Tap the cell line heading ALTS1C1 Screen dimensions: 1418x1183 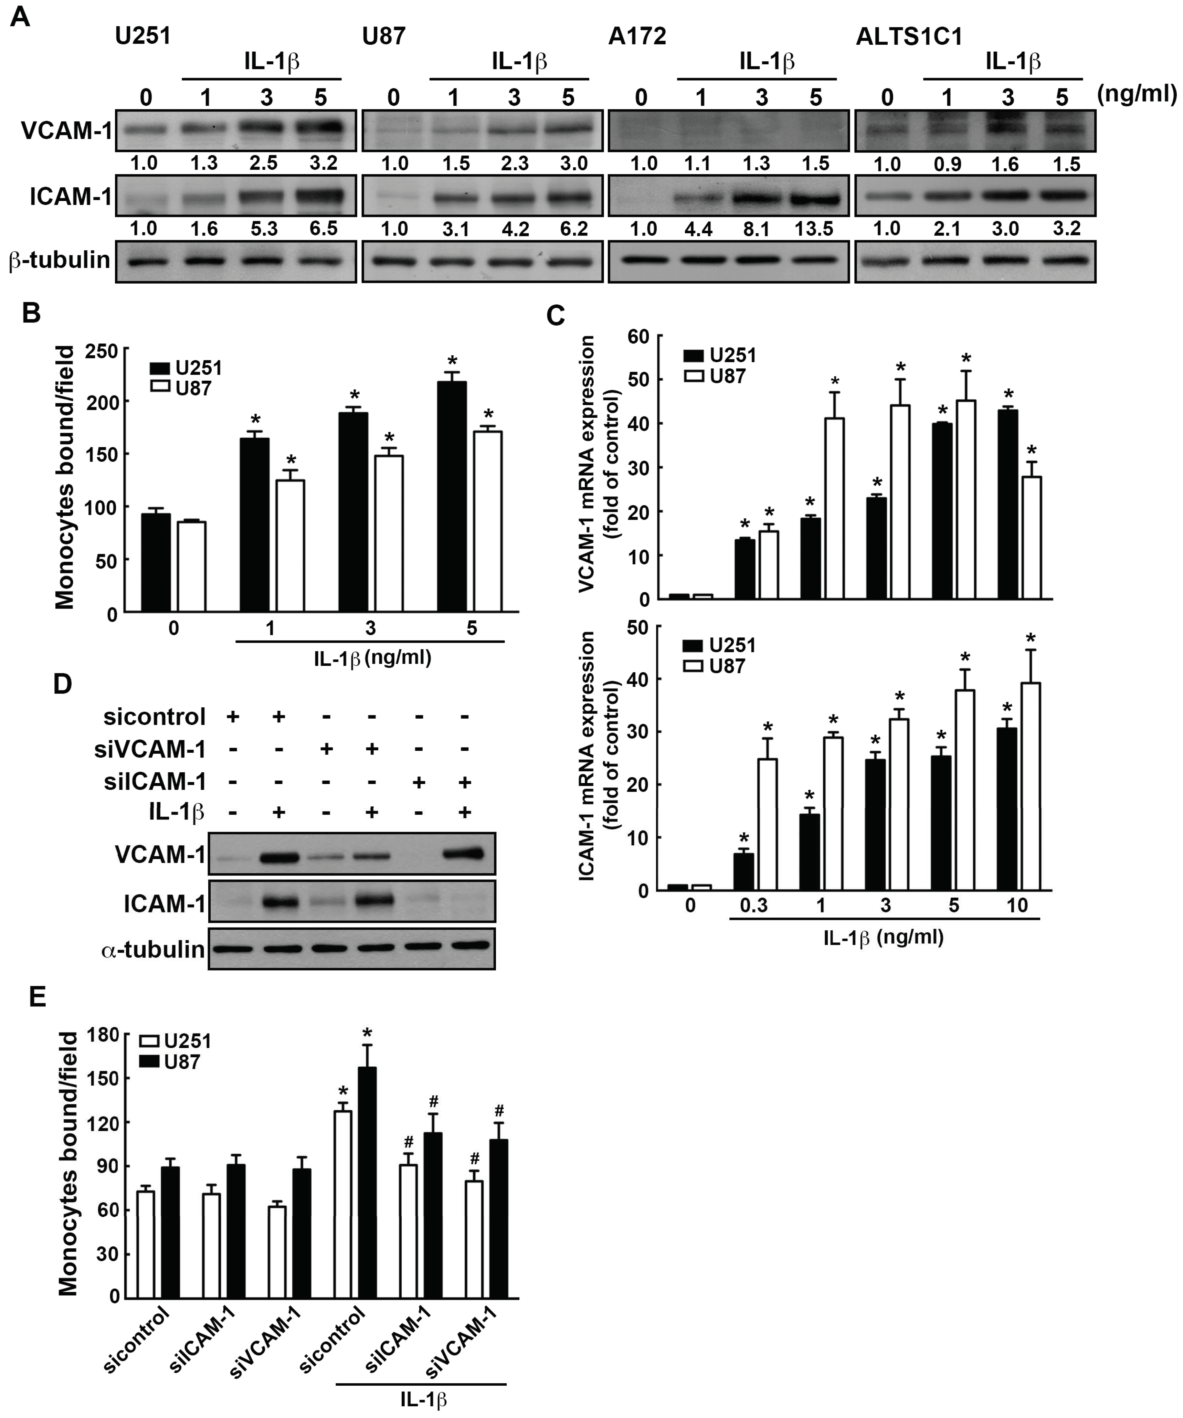(909, 36)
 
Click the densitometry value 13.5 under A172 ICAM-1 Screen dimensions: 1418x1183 (814, 229)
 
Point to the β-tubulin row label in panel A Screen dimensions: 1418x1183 (60, 260)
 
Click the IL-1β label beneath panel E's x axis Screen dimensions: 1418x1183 (423, 1399)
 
